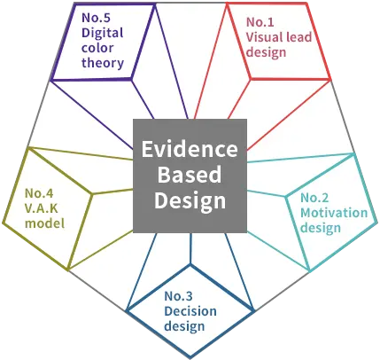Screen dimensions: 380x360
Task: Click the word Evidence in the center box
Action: (190, 149)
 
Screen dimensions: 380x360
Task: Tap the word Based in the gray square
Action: (190, 175)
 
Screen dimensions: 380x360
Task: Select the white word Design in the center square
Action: (190, 201)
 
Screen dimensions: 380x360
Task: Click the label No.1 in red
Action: (260, 22)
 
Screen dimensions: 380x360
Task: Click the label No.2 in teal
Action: (314, 198)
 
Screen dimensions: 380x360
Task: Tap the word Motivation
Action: (334, 213)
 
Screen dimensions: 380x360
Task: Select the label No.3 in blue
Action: (178, 296)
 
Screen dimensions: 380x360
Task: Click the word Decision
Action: (190, 311)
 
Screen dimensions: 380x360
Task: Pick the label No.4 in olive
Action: (39, 193)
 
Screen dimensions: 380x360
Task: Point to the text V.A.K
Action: (42, 208)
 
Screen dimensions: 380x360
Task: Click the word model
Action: (44, 223)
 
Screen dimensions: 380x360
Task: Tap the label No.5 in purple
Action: (96, 18)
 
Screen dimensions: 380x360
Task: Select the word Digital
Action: (103, 34)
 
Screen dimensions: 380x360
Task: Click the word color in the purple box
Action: (97, 48)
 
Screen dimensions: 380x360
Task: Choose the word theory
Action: (103, 64)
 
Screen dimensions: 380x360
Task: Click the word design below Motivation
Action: (321, 229)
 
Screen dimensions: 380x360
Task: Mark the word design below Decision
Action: (184, 327)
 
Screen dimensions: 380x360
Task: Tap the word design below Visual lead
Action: (266, 53)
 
